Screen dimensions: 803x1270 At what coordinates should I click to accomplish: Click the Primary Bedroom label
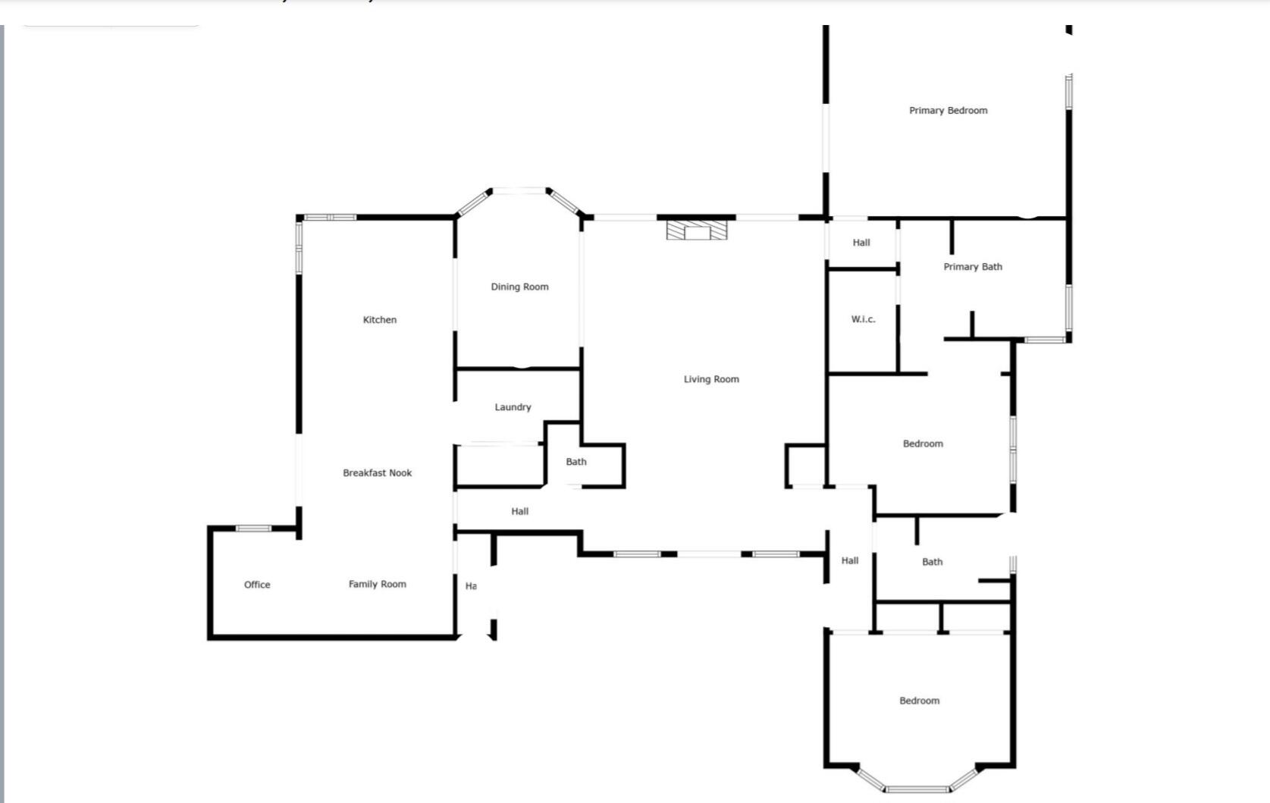point(948,111)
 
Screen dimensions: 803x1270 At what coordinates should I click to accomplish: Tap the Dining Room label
point(519,287)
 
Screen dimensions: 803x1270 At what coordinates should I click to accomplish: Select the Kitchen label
point(379,320)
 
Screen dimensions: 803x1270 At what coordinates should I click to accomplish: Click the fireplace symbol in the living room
point(697,230)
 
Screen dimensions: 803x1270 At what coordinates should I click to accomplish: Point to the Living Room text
point(710,379)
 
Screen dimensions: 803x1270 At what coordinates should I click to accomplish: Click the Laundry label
point(513,407)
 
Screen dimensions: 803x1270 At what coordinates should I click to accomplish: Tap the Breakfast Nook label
point(377,473)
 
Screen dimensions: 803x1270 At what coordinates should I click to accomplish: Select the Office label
point(257,585)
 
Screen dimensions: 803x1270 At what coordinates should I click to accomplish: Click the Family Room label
point(377,584)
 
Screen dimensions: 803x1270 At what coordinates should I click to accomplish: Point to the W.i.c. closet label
point(863,319)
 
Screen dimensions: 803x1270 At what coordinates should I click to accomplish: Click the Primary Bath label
point(972,267)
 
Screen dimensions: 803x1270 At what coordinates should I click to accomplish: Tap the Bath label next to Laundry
point(575,462)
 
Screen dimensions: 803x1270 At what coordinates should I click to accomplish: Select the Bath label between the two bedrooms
point(932,562)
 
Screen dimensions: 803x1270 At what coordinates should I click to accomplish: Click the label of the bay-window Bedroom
point(919,701)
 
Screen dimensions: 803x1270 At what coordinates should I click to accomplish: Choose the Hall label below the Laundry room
point(519,512)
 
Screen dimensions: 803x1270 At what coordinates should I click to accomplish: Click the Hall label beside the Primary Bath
point(861,243)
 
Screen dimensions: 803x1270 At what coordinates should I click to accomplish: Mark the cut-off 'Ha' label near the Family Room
point(471,586)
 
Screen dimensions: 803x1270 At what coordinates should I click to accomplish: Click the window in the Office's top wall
point(253,529)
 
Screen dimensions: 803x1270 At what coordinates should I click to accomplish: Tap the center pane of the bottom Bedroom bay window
point(917,789)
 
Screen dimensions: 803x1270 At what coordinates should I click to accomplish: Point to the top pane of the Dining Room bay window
point(519,191)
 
